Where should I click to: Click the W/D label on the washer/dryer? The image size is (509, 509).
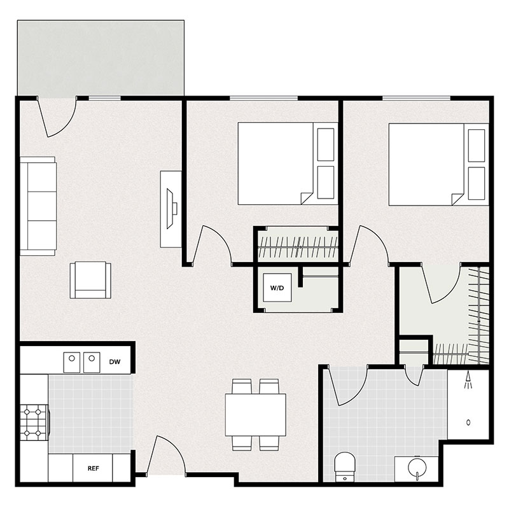pyautogui.click(x=277, y=288)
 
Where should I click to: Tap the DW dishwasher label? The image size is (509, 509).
pyautogui.click(x=115, y=361)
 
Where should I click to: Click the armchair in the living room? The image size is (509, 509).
pyautogui.click(x=90, y=281)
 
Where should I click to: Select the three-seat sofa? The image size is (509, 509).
pyautogui.click(x=38, y=207)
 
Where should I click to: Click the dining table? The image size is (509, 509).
pyautogui.click(x=256, y=415)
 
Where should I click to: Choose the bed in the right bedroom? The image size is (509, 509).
pyautogui.click(x=427, y=164)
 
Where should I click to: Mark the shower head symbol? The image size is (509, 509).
pyautogui.click(x=470, y=380)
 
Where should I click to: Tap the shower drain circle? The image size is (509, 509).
pyautogui.click(x=469, y=422)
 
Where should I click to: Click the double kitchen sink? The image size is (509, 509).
pyautogui.click(x=82, y=362)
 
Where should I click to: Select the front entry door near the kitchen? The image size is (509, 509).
pyautogui.click(x=167, y=457)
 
